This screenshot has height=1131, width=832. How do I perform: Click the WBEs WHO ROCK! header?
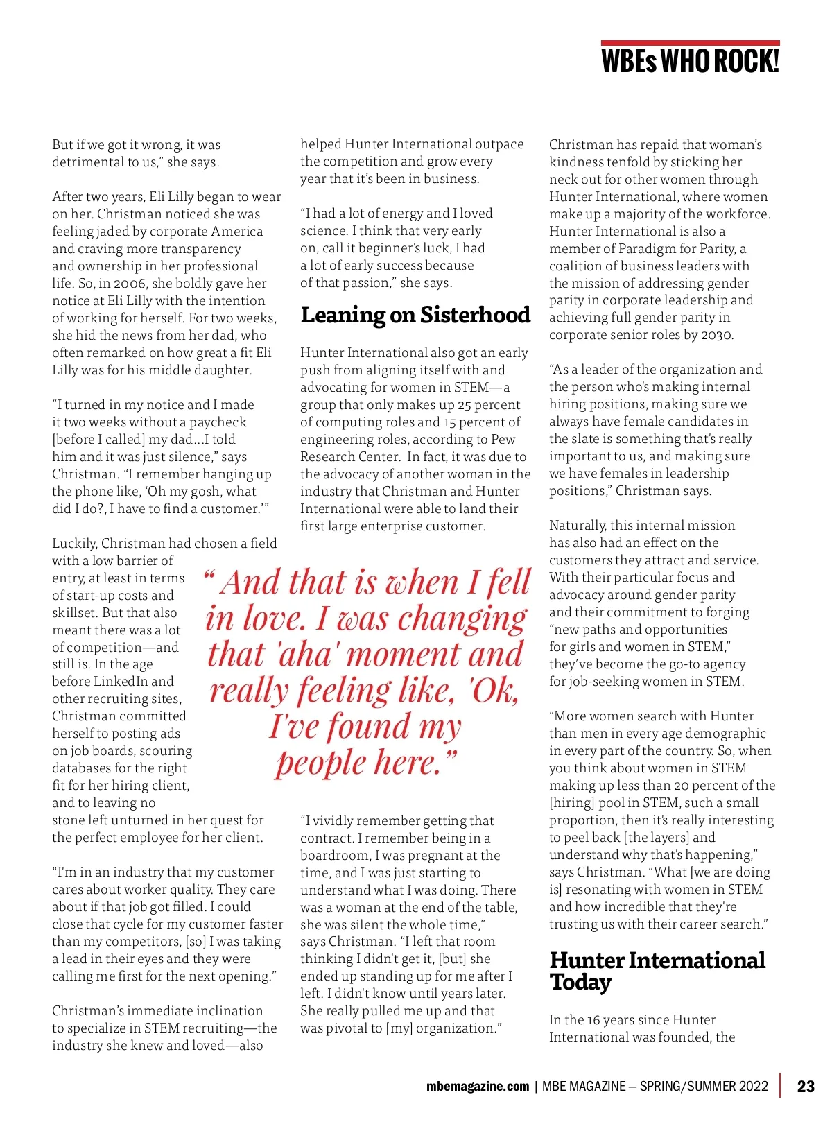click(x=690, y=62)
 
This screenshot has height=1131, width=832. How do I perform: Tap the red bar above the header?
click(x=690, y=43)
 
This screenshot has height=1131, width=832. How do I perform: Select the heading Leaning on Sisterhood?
click(x=415, y=316)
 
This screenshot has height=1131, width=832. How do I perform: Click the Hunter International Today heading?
click(x=657, y=971)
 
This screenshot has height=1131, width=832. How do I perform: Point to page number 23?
click(x=806, y=1086)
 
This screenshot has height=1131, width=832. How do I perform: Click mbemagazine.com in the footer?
click(x=478, y=1087)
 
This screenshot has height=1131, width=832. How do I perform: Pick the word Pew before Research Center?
click(x=503, y=440)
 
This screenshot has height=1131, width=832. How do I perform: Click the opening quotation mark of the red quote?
click(x=209, y=576)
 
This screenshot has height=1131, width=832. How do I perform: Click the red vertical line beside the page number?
click(x=781, y=1085)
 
